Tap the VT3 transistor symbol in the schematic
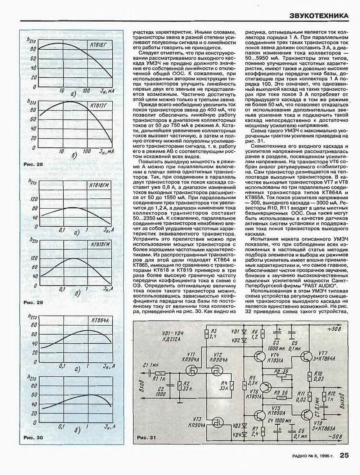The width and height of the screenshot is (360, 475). pos(217,420)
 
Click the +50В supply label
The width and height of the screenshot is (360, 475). pos(335,329)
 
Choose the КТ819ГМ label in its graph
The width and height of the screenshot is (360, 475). pos(99,244)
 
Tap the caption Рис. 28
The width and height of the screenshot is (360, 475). pos(33,164)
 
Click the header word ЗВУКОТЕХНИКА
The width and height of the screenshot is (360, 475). pos(319,15)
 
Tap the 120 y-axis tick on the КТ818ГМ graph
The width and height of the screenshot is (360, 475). pos(33,199)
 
